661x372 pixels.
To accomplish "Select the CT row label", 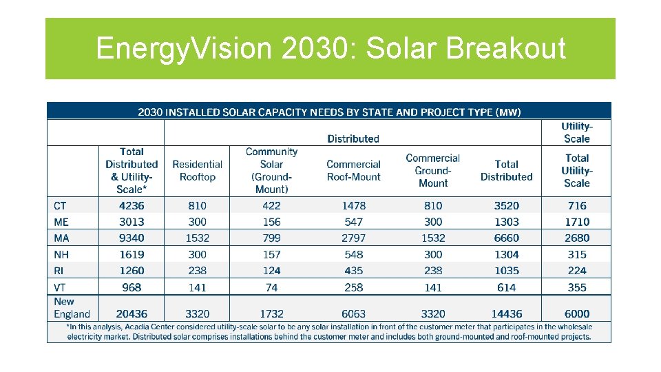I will click(x=61, y=205).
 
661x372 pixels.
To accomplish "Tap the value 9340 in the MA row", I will click(x=132, y=238).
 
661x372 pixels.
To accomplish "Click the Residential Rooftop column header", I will click(x=197, y=170).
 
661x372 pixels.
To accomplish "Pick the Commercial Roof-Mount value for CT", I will click(x=354, y=205).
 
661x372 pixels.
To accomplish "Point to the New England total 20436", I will click(x=132, y=313).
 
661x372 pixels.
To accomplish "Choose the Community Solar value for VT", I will click(x=271, y=287).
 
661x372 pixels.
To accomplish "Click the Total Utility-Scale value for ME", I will click(x=577, y=222).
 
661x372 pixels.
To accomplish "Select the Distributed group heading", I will click(x=353, y=138).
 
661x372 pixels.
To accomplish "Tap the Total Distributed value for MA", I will click(x=507, y=238).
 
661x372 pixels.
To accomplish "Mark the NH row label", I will click(x=61, y=254).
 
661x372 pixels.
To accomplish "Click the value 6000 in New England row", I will click(x=577, y=313).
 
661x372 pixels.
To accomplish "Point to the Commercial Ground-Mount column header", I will click(x=433, y=170).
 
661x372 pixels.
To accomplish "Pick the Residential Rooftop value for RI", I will click(x=197, y=271).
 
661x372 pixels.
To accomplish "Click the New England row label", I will click(x=72, y=307).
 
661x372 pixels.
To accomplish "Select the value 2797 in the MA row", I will click(x=354, y=238).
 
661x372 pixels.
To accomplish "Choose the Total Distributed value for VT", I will click(x=507, y=287).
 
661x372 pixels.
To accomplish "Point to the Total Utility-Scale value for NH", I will click(x=577, y=254).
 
